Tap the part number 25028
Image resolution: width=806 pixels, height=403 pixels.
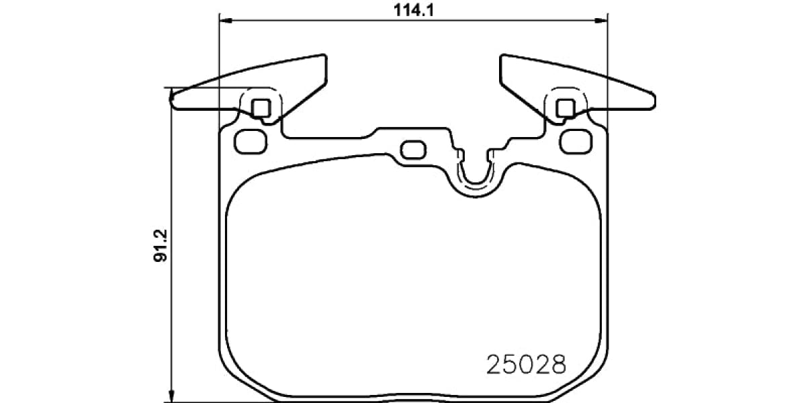[525, 365]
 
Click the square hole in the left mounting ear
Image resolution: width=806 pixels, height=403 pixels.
[262, 107]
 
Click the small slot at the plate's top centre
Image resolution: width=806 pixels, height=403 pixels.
[412, 148]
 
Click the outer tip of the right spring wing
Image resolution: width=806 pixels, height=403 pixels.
[654, 100]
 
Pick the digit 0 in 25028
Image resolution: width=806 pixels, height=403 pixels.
[525, 365]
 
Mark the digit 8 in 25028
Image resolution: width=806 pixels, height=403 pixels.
[559, 365]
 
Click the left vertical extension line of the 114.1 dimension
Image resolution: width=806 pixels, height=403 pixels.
[220, 67]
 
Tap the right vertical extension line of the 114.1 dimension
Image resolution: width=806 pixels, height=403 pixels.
[607, 67]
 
